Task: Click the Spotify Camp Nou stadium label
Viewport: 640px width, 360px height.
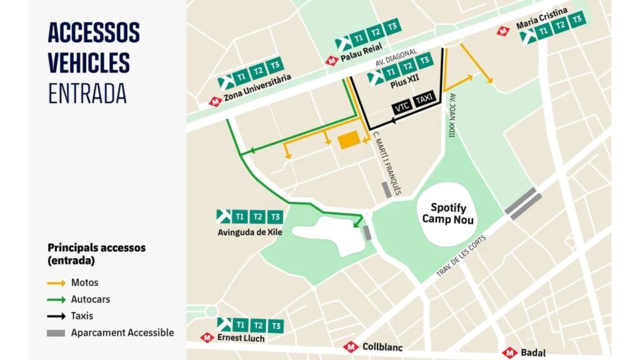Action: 448,213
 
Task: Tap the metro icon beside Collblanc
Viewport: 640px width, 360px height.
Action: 351,347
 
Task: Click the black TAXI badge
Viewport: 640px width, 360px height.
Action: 425,107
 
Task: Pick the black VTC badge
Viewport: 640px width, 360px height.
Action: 401,107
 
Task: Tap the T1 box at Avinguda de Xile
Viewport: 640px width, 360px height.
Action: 240,217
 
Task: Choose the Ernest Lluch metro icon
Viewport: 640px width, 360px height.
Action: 207,337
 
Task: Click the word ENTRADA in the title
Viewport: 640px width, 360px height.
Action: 87,93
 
